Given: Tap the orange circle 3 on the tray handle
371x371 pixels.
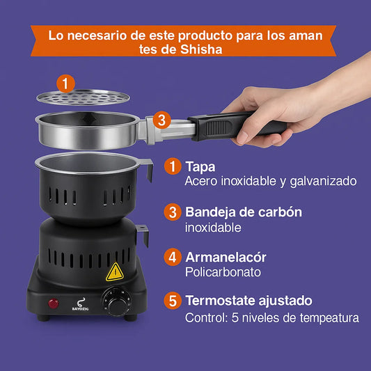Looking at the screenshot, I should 161,120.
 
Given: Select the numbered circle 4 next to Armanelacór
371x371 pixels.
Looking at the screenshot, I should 173,257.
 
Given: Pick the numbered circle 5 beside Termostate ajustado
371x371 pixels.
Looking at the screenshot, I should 173,301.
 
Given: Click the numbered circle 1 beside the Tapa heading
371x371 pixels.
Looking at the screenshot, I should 173,167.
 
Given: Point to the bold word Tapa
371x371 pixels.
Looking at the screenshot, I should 200,167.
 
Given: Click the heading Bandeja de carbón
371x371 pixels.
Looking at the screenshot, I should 244,212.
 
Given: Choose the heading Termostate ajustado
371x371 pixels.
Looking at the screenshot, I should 248,301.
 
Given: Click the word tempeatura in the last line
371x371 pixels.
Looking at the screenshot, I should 328,318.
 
